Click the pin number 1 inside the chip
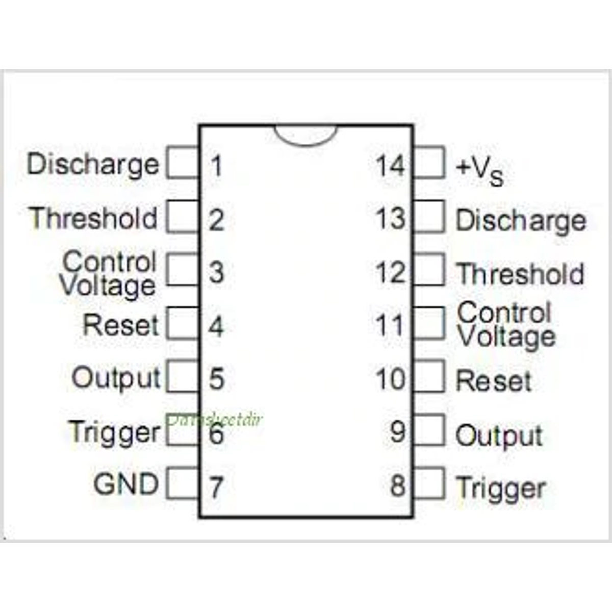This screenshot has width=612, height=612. click(x=217, y=166)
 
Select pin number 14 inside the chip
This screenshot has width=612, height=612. click(x=390, y=166)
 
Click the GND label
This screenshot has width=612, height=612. click(x=126, y=483)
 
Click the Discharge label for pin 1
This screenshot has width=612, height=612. click(x=93, y=165)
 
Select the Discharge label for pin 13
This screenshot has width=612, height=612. click(x=520, y=221)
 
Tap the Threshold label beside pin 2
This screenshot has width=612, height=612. click(x=93, y=218)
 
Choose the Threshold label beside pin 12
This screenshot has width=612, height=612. click(x=520, y=274)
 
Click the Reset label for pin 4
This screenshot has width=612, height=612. click(x=121, y=325)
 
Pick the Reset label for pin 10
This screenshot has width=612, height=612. click(x=493, y=381)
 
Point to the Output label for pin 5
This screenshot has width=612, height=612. click(x=116, y=378)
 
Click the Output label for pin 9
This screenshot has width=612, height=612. click(x=499, y=436)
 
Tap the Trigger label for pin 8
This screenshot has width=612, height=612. click(x=500, y=489)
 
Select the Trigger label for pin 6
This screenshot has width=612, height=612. click(x=114, y=432)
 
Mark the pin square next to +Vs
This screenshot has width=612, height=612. click(x=429, y=163)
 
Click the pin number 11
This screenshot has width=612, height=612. click(x=390, y=325)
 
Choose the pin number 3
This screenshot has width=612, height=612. click(x=216, y=272)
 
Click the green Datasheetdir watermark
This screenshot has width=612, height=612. click(x=214, y=420)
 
